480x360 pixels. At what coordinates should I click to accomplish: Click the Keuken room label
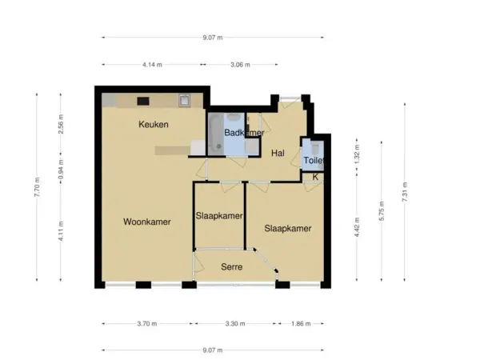pyautogui.click(x=153, y=124)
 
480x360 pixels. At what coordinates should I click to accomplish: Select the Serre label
pyautogui.click(x=232, y=266)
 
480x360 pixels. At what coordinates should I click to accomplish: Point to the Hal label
pyautogui.click(x=278, y=153)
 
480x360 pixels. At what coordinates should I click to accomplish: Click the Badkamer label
pyautogui.click(x=243, y=133)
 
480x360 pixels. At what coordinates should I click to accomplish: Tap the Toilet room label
pyautogui.click(x=313, y=161)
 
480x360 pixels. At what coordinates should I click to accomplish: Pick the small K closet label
pyautogui.click(x=315, y=177)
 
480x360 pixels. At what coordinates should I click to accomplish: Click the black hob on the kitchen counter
pyautogui.click(x=144, y=101)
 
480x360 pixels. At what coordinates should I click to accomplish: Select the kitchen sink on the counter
pyautogui.click(x=184, y=101)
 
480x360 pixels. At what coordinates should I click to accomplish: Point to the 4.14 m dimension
pyautogui.click(x=152, y=65)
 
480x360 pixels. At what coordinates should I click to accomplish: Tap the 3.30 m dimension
pyautogui.click(x=235, y=324)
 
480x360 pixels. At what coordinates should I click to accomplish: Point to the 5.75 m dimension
pyautogui.click(x=382, y=211)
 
